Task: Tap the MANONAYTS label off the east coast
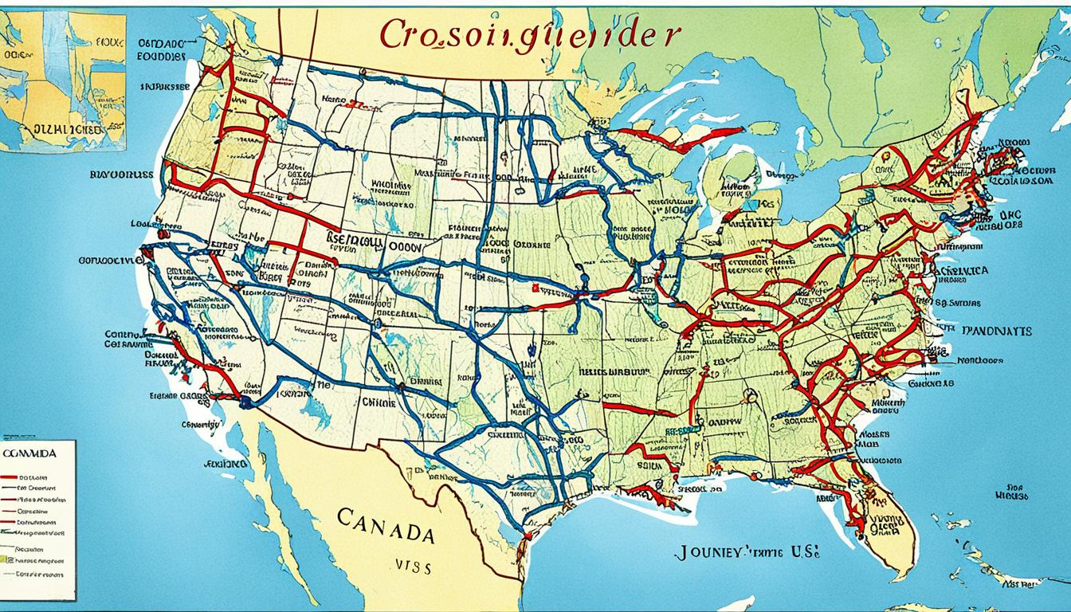pyautogui.click(x=995, y=330)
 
